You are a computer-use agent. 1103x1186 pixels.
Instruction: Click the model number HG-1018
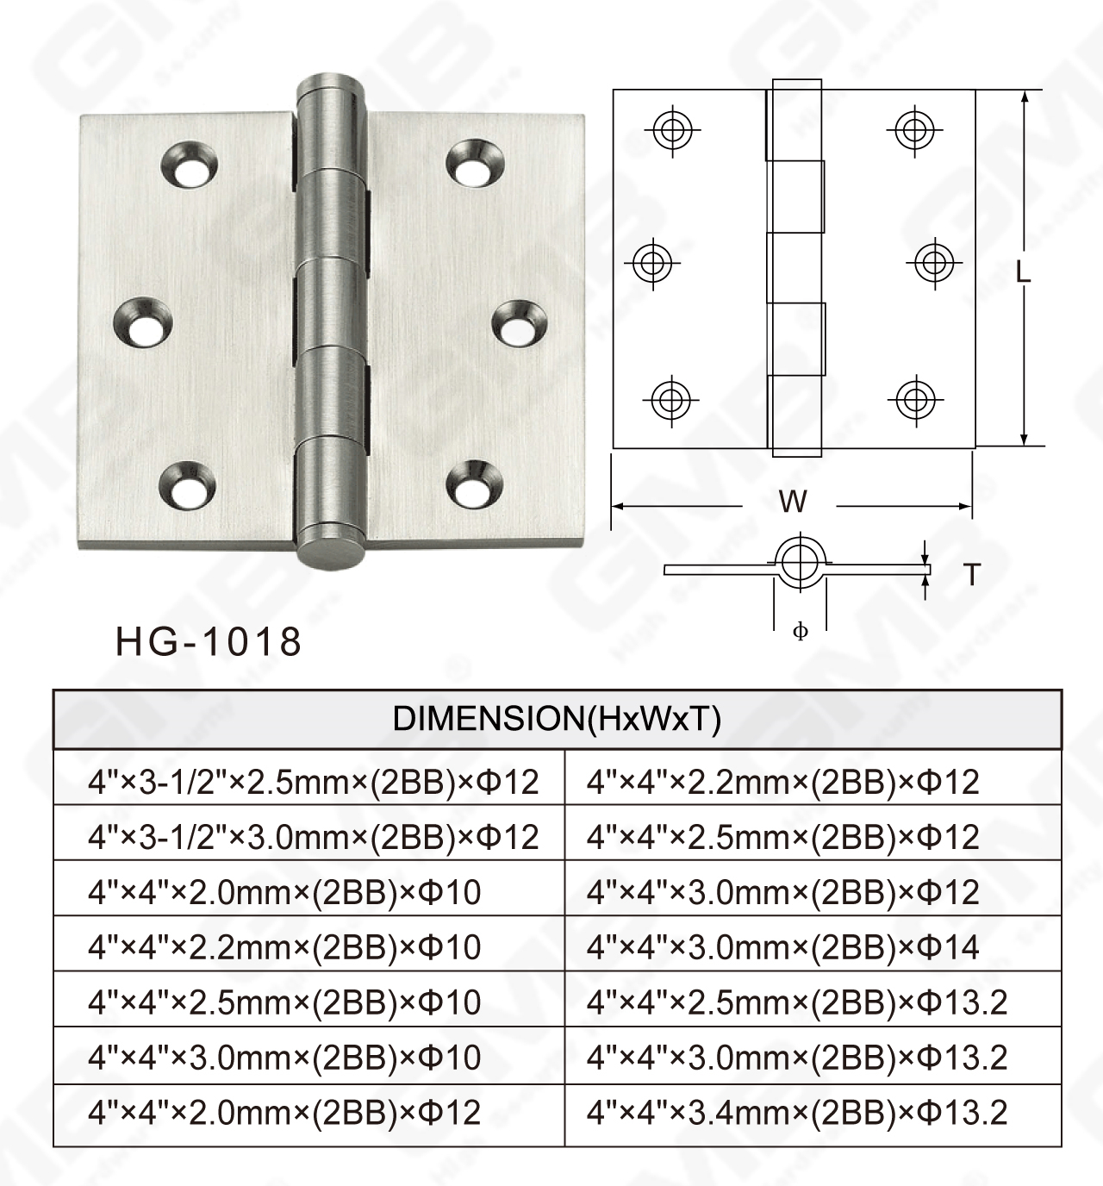tap(209, 642)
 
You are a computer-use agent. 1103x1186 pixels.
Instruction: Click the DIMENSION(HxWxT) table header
tap(557, 719)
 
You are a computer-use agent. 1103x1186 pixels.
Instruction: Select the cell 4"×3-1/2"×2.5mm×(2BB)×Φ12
tap(313, 782)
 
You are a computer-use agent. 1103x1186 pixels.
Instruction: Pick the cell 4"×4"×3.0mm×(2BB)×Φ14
tap(782, 947)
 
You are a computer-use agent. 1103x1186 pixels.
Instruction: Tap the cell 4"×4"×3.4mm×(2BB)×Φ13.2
tap(796, 1113)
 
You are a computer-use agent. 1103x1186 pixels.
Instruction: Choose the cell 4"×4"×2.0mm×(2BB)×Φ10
tap(284, 892)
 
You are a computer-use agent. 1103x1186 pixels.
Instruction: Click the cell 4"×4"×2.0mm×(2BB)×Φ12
tap(284, 1113)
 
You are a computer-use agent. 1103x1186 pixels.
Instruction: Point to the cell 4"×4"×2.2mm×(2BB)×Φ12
tap(782, 782)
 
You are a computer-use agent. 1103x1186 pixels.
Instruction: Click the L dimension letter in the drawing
tap(1023, 272)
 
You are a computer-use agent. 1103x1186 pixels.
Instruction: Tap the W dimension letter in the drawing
tap(792, 502)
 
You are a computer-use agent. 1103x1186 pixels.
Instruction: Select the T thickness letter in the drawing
tap(972, 574)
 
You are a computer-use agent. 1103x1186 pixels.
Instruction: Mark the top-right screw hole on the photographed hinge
tap(473, 163)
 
